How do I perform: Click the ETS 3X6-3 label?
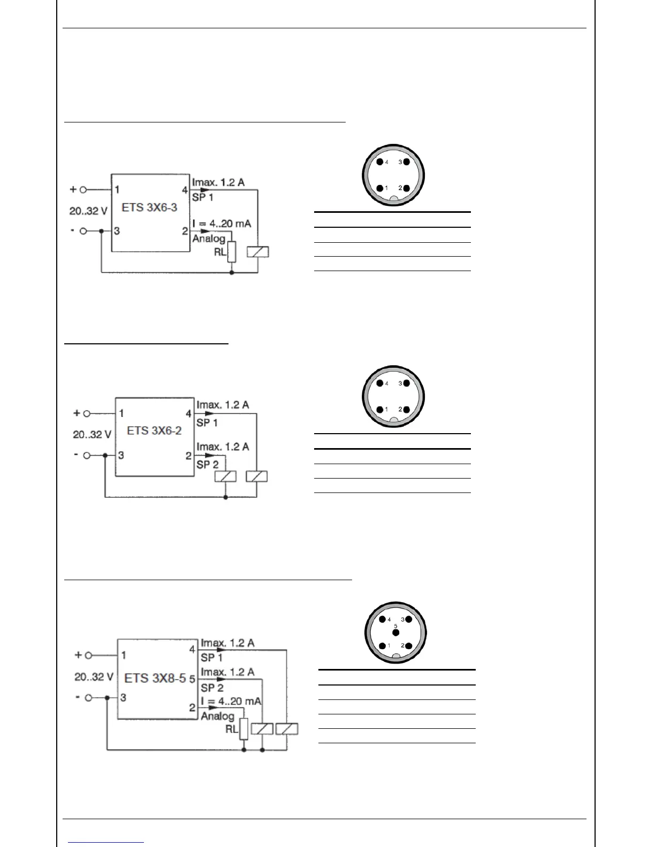(x=149, y=207)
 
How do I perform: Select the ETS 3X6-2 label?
(x=154, y=430)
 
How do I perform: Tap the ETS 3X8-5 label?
(x=155, y=678)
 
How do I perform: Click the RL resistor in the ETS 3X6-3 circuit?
(x=231, y=252)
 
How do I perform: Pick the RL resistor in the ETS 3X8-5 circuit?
(x=243, y=729)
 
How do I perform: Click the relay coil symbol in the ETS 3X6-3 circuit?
(x=257, y=251)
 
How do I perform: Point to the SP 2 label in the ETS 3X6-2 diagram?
(x=208, y=464)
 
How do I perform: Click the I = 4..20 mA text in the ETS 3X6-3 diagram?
(x=222, y=223)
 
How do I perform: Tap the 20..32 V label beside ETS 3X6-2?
(x=92, y=434)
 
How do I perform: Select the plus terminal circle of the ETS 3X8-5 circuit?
(x=89, y=655)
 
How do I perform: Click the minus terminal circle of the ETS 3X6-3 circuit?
(x=83, y=231)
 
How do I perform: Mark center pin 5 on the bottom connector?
(x=396, y=633)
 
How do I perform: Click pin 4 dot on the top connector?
(x=379, y=162)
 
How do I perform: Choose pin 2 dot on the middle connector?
(x=407, y=410)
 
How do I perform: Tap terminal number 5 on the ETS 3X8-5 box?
(x=192, y=680)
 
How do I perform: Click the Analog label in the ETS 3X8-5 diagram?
(x=217, y=716)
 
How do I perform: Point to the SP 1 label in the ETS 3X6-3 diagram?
(x=203, y=197)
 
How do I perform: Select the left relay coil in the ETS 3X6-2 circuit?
(x=225, y=476)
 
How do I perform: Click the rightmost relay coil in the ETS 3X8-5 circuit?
(x=287, y=729)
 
